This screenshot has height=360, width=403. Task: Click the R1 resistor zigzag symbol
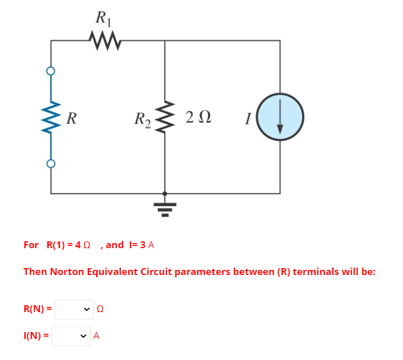point(104,41)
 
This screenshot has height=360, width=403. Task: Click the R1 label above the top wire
point(104,18)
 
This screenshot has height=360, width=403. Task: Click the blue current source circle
point(279,118)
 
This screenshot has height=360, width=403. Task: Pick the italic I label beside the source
point(247,119)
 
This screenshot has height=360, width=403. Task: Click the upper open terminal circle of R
point(51,71)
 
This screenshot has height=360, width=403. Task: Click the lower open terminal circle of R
point(51,164)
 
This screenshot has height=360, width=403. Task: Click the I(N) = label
point(36,336)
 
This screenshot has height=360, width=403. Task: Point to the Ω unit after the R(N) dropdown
point(100,309)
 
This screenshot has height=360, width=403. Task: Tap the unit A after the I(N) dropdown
point(96,336)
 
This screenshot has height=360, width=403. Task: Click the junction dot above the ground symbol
point(165,193)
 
